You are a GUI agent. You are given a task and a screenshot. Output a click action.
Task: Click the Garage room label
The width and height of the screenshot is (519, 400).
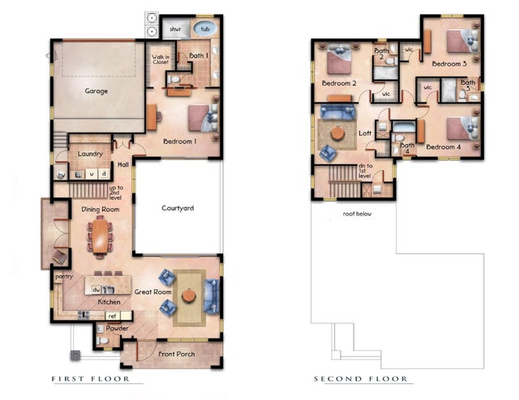97,91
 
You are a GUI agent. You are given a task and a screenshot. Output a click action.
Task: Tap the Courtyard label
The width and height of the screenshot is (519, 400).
177,207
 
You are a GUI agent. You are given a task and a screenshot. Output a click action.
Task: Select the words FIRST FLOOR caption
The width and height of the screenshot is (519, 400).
96,379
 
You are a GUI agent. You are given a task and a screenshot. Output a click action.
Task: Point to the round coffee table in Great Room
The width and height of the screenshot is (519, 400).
189,296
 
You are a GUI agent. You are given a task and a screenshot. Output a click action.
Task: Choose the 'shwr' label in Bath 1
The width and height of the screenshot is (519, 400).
175,29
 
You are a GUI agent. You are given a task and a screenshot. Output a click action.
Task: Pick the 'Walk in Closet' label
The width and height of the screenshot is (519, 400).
161,58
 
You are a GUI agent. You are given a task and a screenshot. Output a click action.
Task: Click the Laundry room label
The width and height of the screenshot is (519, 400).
88,153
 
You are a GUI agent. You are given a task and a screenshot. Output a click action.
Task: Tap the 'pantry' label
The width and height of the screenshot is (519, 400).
64,276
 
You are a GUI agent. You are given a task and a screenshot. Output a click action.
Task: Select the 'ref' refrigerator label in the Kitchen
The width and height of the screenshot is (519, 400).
113,317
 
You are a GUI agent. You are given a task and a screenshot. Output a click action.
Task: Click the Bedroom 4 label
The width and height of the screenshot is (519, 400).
444,147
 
